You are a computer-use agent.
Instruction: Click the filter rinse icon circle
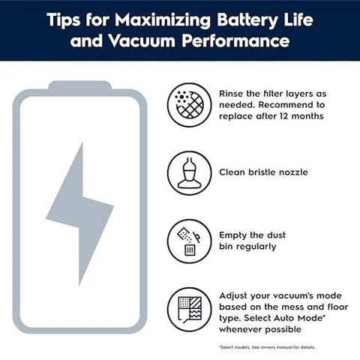(187, 104)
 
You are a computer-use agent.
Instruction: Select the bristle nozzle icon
(187, 172)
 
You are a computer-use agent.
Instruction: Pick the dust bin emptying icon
(187, 241)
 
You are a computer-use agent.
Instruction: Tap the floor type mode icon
(187, 307)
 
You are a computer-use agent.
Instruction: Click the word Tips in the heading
(64, 17)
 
